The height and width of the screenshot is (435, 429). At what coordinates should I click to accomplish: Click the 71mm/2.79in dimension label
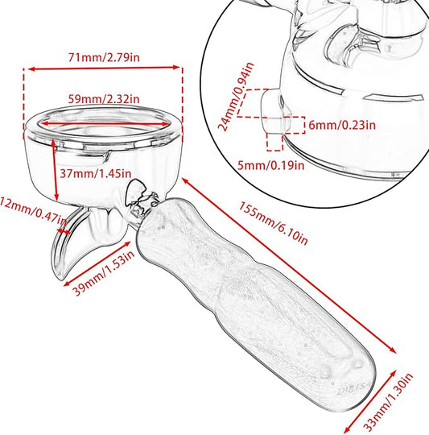104,57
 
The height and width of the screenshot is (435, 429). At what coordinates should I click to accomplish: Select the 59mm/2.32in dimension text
104,99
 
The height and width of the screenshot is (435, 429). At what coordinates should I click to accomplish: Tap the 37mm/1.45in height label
95,174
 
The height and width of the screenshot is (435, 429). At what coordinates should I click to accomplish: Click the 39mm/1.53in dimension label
104,273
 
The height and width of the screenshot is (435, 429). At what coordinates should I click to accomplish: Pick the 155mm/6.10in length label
273,223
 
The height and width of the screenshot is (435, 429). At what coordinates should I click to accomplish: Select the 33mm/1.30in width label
388,403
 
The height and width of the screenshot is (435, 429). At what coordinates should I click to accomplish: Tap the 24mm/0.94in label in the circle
236,97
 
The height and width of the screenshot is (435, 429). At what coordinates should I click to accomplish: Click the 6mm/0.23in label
342,125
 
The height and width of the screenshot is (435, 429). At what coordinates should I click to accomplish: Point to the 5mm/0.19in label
271,166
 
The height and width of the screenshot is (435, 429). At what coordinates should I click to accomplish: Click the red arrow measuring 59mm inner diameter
105,123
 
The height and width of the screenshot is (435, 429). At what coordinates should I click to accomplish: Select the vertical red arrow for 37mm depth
55,169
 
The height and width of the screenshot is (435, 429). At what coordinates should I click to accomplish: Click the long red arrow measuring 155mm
289,266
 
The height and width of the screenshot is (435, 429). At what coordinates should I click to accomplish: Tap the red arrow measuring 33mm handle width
370,400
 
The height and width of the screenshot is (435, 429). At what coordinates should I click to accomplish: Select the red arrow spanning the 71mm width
104,68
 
